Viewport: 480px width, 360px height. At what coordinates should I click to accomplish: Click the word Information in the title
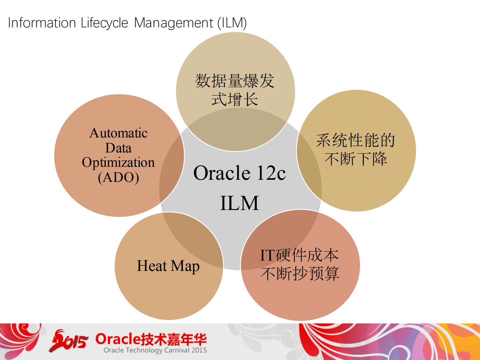pyautogui.click(x=42, y=23)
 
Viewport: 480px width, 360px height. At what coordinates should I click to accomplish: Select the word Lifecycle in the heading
pyautogui.click(x=104, y=23)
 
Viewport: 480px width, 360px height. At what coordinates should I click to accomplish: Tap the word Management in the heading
pyautogui.click(x=173, y=23)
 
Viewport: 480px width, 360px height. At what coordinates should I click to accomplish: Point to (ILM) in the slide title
pyautogui.click(x=232, y=23)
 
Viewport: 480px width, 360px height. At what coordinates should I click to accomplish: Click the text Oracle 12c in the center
pyautogui.click(x=239, y=173)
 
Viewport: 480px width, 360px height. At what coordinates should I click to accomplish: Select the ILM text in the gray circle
pyautogui.click(x=239, y=203)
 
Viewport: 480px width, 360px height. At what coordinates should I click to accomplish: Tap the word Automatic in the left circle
pyautogui.click(x=118, y=133)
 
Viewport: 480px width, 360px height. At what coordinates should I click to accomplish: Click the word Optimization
pyautogui.click(x=118, y=162)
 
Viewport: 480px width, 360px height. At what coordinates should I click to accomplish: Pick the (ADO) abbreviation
pyautogui.click(x=118, y=177)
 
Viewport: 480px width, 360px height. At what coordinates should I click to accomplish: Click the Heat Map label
pyautogui.click(x=168, y=266)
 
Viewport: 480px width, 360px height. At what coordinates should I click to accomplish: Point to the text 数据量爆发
pyautogui.click(x=235, y=81)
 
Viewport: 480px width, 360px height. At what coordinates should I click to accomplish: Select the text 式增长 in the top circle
pyautogui.click(x=235, y=99)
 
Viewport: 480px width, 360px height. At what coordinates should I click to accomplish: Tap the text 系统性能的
pyautogui.click(x=356, y=140)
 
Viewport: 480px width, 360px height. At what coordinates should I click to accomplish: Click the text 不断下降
pyautogui.click(x=356, y=159)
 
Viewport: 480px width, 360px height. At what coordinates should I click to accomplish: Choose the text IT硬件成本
pyautogui.click(x=299, y=255)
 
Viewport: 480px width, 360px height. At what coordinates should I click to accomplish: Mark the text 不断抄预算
pyautogui.click(x=300, y=274)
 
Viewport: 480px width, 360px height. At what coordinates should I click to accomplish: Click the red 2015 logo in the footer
pyautogui.click(x=69, y=341)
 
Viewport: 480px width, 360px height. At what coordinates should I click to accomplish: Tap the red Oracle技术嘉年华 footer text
pyautogui.click(x=151, y=339)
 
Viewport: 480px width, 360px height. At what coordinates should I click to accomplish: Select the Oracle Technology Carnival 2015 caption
pyautogui.click(x=155, y=350)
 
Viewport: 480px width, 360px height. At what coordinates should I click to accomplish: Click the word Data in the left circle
pyautogui.click(x=118, y=148)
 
